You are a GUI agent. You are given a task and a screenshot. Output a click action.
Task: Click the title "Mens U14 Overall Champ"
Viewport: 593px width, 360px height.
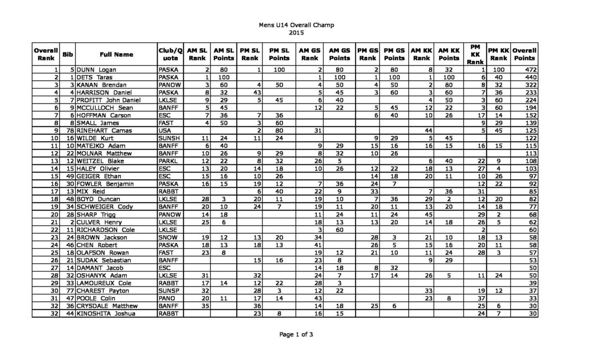pyautogui.click(x=296, y=25)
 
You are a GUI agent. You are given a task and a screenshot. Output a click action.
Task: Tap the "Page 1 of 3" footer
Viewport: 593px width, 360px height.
pyautogui.click(x=296, y=334)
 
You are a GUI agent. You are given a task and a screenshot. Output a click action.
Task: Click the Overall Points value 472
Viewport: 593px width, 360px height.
pyautogui.click(x=524, y=69)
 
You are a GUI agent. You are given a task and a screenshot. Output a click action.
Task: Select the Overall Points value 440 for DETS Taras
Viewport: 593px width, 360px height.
pyautogui.click(x=524, y=77)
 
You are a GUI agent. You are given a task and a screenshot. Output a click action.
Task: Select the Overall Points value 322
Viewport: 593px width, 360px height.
pyautogui.click(x=524, y=85)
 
